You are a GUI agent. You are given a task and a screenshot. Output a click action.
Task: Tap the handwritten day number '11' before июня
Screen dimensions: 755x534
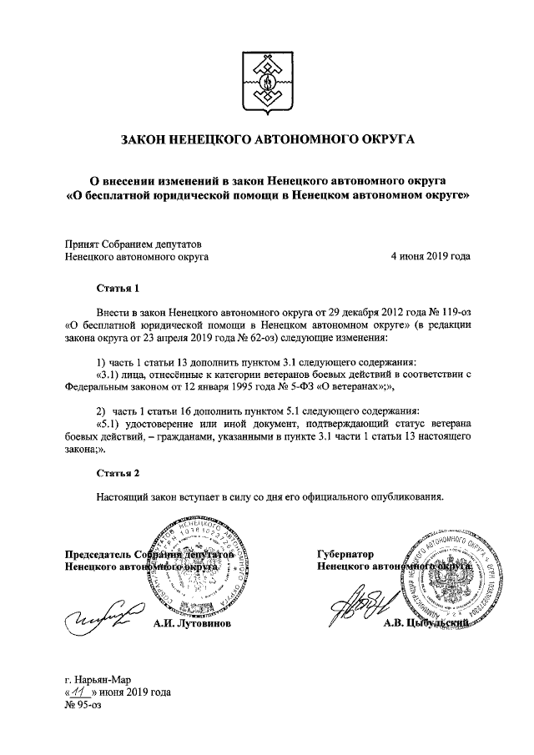tap(80, 692)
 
